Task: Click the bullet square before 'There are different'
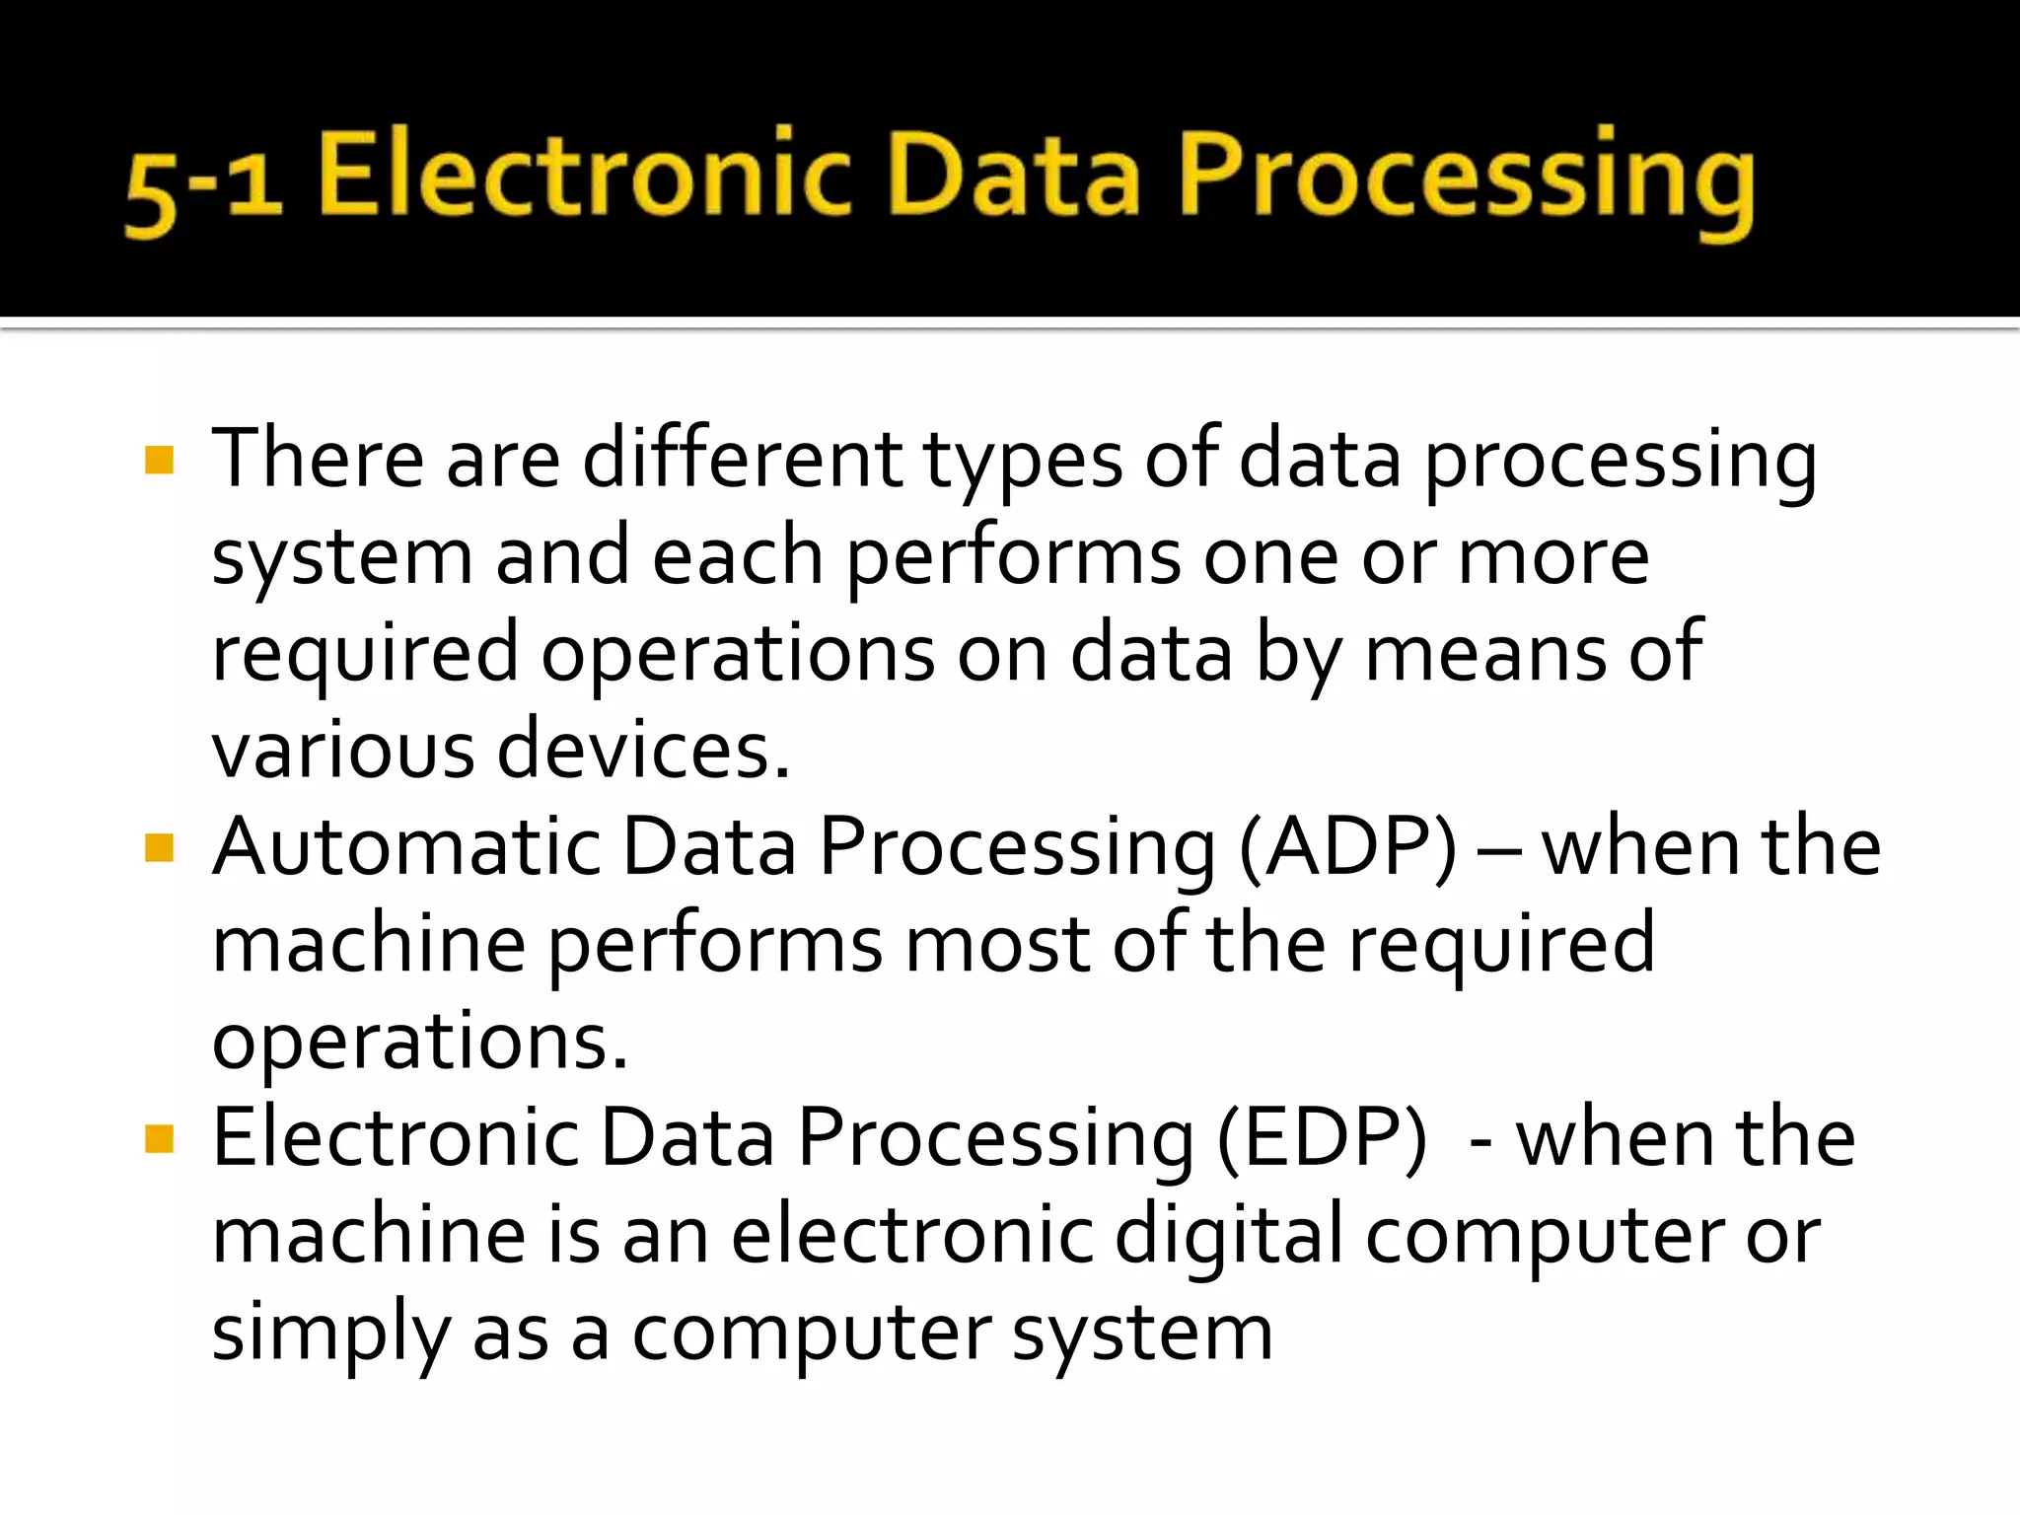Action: [159, 460]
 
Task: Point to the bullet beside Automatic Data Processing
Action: [159, 847]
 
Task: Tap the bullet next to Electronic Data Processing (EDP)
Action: [159, 1139]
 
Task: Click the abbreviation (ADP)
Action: [1347, 847]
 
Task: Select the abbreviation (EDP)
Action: [1322, 1139]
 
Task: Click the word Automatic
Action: [406, 847]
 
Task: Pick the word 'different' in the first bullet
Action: [742, 460]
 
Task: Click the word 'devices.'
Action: [643, 751]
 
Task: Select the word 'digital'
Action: [1228, 1236]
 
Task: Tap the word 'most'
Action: [997, 944]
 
